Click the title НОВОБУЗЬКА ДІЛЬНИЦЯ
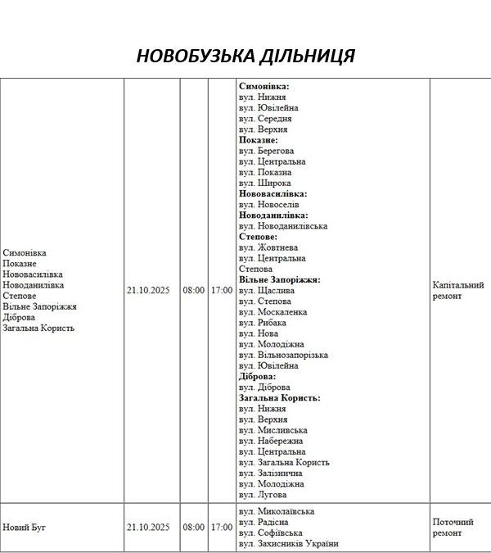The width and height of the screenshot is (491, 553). [x=245, y=56]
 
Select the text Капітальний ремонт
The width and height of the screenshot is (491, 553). [x=457, y=291]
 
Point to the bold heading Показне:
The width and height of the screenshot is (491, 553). [x=259, y=140]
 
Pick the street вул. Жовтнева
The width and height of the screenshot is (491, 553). [x=268, y=247]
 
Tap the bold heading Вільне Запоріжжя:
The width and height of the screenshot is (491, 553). [x=279, y=279]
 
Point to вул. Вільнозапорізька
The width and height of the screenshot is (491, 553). [x=283, y=355]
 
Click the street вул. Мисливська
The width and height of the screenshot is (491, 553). [x=273, y=430]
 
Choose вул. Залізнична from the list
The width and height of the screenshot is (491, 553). [x=272, y=473]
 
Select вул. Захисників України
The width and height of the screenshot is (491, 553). [x=288, y=544]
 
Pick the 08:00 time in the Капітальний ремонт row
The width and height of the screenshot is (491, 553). [x=194, y=290]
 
